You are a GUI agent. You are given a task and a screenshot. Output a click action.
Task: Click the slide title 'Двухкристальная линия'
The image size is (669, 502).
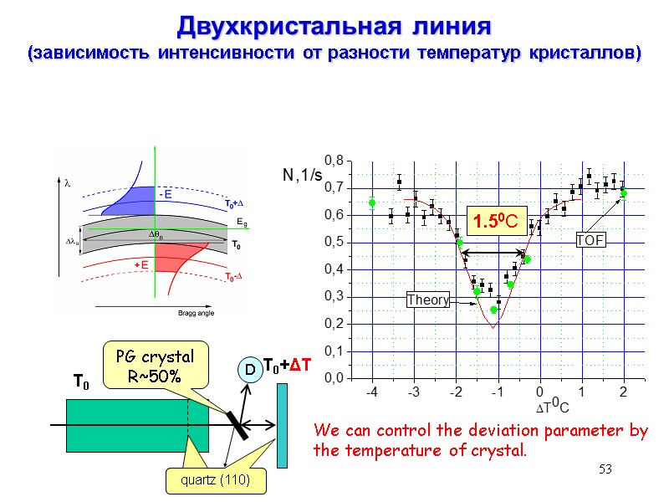333,26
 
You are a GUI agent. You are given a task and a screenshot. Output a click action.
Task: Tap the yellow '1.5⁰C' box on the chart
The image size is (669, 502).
493,222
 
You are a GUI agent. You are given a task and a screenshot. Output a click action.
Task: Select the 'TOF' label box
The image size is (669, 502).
590,241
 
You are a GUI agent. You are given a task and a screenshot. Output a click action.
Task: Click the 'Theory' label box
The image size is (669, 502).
427,299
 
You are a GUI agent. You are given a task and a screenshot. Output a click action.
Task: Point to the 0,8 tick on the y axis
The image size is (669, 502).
334,161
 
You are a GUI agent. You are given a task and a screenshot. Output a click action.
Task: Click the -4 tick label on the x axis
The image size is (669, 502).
371,392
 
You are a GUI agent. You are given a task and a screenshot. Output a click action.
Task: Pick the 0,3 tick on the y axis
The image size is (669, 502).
334,296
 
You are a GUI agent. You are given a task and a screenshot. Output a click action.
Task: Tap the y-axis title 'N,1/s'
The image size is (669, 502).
302,175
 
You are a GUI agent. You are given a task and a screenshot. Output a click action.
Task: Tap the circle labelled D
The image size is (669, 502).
248,369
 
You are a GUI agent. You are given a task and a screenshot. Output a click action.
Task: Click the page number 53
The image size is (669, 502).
605,470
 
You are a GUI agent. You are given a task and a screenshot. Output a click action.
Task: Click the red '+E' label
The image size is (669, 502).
142,264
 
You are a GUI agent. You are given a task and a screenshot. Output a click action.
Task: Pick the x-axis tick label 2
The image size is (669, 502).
623,392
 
